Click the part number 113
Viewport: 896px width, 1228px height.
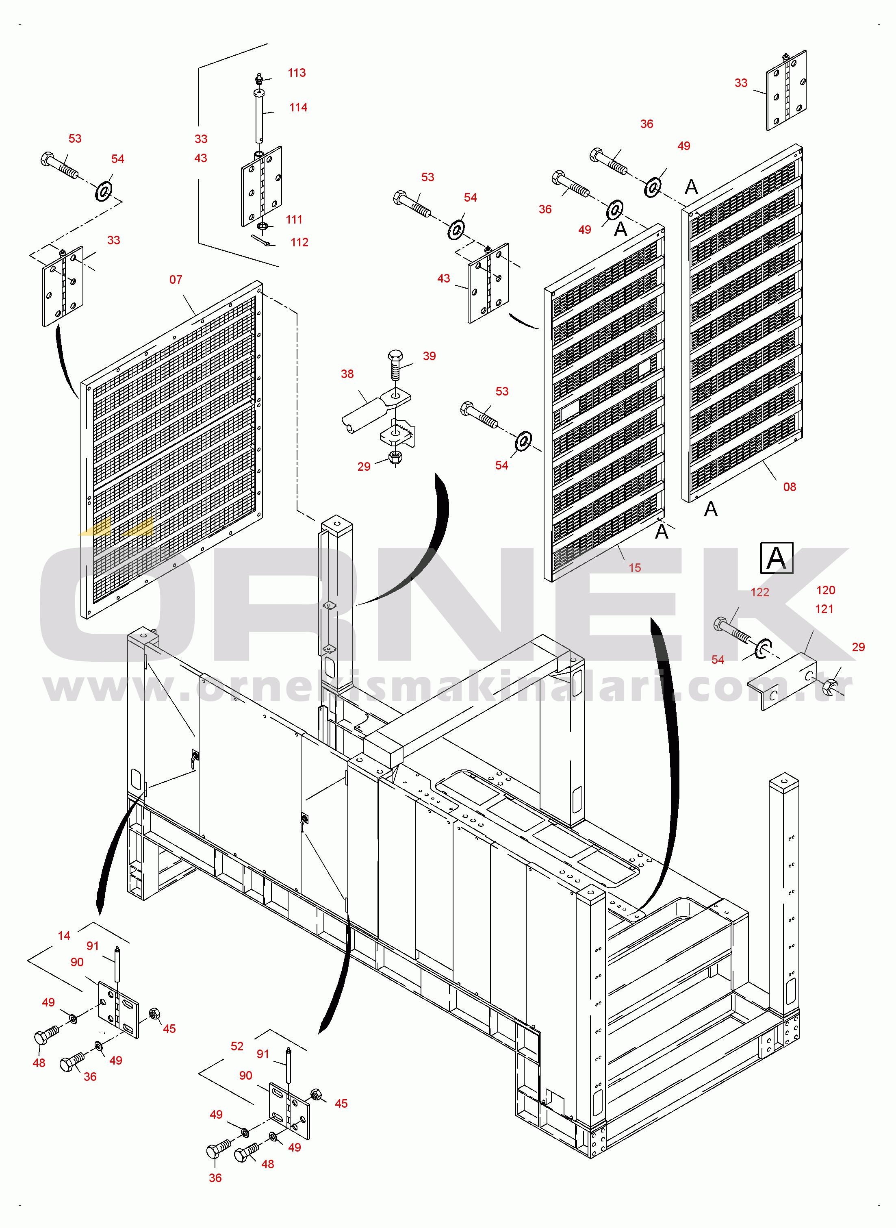297,73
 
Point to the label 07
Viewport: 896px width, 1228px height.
176,280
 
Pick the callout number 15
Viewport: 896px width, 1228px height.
635,568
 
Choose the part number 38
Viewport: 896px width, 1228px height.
347,374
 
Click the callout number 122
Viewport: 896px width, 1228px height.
760,593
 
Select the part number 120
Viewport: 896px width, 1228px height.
825,591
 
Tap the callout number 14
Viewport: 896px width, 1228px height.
64,936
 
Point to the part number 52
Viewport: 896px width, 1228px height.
237,1047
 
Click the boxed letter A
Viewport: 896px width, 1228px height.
777,558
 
